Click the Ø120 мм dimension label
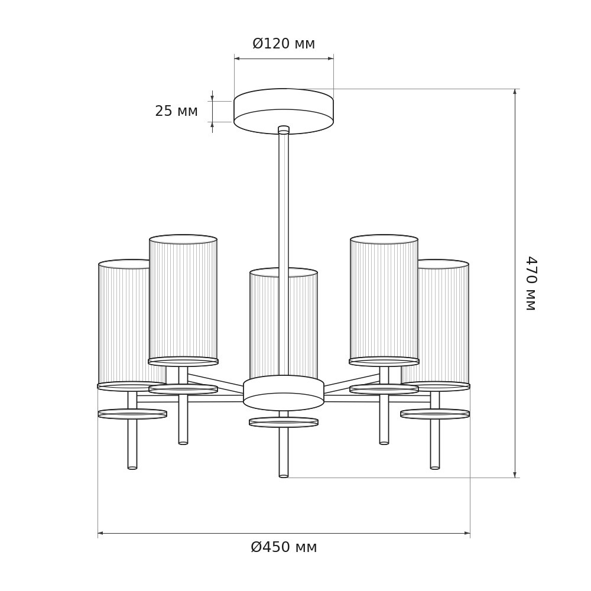[284, 44]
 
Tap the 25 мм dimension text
[176, 111]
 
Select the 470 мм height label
[531, 284]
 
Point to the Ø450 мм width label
[284, 547]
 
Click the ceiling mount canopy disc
[284, 111]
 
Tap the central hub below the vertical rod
[284, 393]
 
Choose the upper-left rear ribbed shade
[183, 300]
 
